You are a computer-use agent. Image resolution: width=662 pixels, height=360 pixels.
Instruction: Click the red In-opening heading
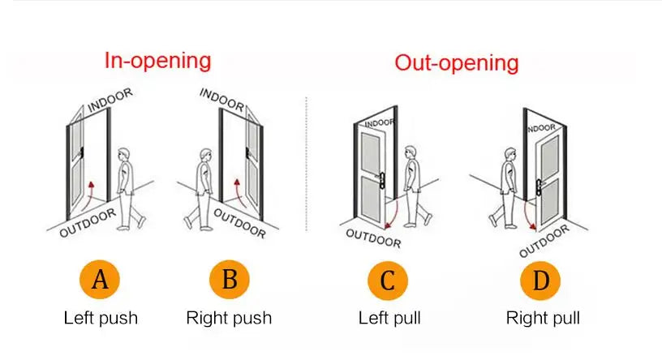pos(158,60)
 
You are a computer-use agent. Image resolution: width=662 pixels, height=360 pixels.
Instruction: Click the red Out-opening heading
pos(457,62)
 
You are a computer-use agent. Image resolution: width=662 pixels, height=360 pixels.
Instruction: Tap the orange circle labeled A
pos(100,281)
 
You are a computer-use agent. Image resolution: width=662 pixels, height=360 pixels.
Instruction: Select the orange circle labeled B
pos(230,281)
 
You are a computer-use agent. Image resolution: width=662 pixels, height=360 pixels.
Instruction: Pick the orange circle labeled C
pos(389,281)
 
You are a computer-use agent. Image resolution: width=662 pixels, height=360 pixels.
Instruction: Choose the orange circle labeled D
pos(541,281)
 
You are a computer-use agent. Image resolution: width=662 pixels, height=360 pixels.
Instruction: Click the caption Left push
pos(101,317)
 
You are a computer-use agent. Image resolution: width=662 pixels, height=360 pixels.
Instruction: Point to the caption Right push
pos(230,317)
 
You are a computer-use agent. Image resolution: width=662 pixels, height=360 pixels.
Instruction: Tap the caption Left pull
pos(389,317)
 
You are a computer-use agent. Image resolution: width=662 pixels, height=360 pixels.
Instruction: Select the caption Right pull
pos(543,317)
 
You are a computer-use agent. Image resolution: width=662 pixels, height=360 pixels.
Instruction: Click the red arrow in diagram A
pos(96,191)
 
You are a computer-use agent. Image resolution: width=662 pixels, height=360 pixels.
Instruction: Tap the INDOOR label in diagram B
pos(221,100)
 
